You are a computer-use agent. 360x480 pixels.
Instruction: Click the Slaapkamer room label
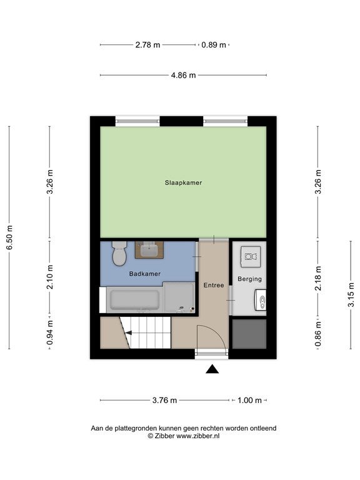pos(183,182)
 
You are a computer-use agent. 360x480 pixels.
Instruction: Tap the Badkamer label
pos(145,274)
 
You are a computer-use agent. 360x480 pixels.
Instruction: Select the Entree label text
pos(214,285)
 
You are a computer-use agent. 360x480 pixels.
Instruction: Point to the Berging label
pos(249,279)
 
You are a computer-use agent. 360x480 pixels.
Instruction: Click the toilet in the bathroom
pos(119,254)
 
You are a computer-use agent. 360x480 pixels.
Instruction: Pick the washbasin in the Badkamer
pos(149,250)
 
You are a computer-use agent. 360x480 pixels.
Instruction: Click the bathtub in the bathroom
pos(135,300)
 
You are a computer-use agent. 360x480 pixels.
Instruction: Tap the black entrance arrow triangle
pos(212,369)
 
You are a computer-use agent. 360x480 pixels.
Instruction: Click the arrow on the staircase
pos(129,332)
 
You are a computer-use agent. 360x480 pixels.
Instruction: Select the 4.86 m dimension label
pos(183,75)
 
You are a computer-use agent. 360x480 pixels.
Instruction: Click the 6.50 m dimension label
pos(9,237)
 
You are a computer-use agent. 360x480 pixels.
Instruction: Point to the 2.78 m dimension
pos(147,45)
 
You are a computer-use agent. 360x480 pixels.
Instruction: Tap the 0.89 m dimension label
pos(214,45)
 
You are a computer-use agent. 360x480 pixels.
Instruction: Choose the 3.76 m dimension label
pos(165,400)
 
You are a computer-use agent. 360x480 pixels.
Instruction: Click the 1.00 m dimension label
pos(249,400)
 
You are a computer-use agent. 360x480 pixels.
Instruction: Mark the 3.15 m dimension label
pos(351,295)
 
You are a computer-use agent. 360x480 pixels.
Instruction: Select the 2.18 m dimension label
pos(318,278)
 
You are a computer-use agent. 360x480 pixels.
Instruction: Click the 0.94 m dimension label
pos(50,332)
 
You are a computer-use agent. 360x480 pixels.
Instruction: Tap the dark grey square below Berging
pos(249,334)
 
